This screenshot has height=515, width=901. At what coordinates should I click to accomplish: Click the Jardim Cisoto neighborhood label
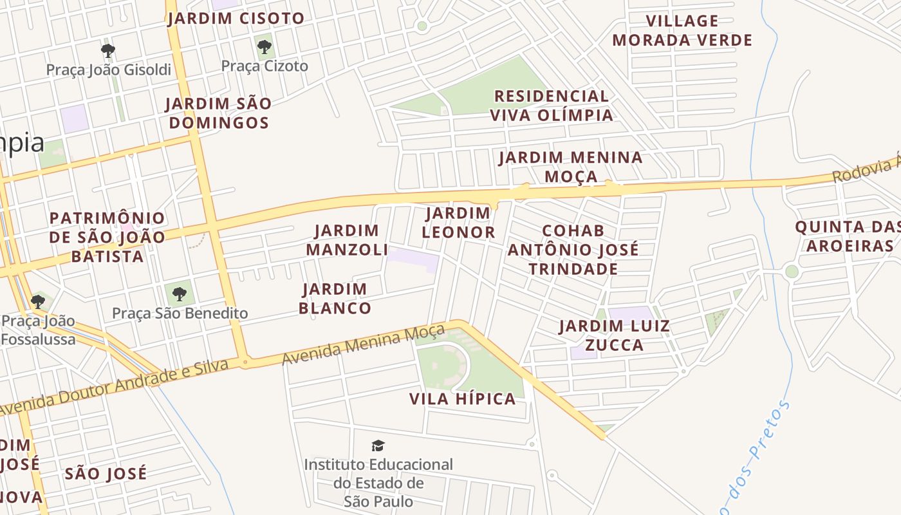tap(236, 19)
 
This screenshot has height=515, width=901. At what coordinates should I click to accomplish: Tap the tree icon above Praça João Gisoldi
tap(108, 50)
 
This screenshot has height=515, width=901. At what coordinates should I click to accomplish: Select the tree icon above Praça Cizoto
tap(264, 47)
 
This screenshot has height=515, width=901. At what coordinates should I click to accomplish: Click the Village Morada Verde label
tap(682, 31)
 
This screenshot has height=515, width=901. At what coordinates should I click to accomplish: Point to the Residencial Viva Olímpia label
tap(552, 106)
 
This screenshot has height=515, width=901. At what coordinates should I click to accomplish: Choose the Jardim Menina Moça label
tap(570, 167)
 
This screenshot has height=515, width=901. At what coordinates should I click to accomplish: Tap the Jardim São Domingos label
tap(218, 113)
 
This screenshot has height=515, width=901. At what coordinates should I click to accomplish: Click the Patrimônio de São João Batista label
tap(107, 237)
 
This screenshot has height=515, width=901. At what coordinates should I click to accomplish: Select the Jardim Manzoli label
tap(347, 239)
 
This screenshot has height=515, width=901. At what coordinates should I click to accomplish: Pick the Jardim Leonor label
tap(458, 223)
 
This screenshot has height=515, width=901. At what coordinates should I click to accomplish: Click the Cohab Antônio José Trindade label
tap(573, 249)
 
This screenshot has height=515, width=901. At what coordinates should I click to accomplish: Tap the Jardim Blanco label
tap(335, 299)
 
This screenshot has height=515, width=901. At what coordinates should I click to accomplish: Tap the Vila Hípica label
tap(463, 399)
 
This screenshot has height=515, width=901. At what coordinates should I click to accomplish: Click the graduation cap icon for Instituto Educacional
tap(378, 445)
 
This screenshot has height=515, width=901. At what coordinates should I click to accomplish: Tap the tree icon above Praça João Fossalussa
tap(38, 301)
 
